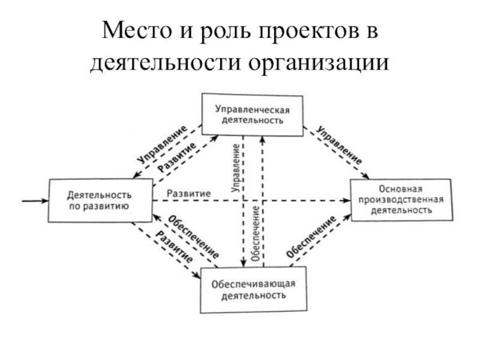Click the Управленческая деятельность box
pyautogui.click(x=253, y=115)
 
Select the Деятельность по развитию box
pyautogui.click(x=100, y=200)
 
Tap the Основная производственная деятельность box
pyautogui.click(x=401, y=200)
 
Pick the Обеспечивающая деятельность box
pyautogui.click(x=253, y=290)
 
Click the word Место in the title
pyautogui.click(x=137, y=31)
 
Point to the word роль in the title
pyautogui.click(x=225, y=31)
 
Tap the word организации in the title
pyautogui.click(x=319, y=64)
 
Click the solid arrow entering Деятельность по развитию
pyautogui.click(x=35, y=201)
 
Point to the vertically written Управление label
pyautogui.click(x=236, y=168)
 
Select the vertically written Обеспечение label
pyautogui.click(x=256, y=233)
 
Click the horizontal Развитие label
pyautogui.click(x=188, y=193)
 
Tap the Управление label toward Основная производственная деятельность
pyautogui.click(x=339, y=145)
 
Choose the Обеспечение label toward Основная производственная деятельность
pyautogui.click(x=311, y=236)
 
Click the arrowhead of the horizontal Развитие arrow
pyautogui.click(x=346, y=200)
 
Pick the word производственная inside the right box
pyautogui.click(x=401, y=200)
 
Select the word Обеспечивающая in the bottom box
pyautogui.click(x=253, y=284)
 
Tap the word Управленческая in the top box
pyautogui.click(x=252, y=110)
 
